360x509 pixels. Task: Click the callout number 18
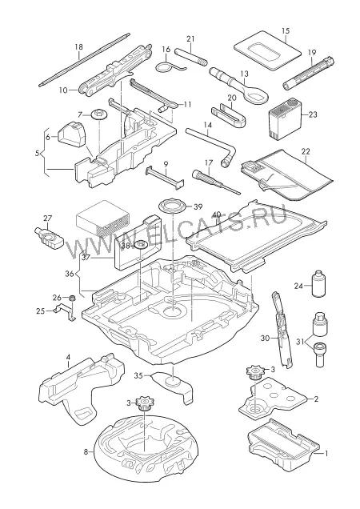click(79, 46)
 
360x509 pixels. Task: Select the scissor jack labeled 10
click(115, 70)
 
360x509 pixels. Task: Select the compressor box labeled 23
click(285, 119)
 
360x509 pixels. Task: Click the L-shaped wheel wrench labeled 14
click(210, 146)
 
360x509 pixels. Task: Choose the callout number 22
click(306, 151)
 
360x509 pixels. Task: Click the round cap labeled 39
click(171, 206)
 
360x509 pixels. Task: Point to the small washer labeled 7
click(98, 114)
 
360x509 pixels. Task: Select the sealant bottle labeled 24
click(319, 283)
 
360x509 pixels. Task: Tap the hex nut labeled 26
click(72, 297)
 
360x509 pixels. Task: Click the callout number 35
click(138, 376)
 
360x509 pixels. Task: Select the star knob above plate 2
click(254, 372)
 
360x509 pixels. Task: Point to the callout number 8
click(86, 451)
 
